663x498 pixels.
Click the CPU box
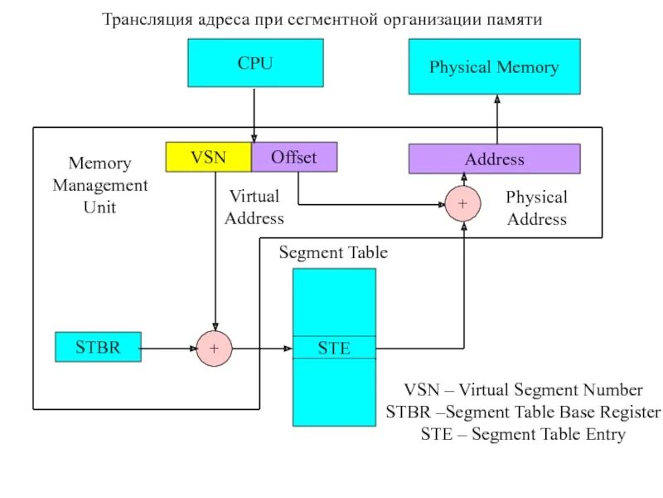point(254,64)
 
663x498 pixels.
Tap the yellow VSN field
point(208,157)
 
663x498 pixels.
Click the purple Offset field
point(294,157)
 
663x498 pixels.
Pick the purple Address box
point(494,159)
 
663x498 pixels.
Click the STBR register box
point(98,347)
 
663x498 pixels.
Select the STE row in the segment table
point(334,348)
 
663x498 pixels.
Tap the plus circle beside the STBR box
point(214,349)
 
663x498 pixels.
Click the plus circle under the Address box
point(462,203)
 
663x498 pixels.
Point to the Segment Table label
point(332,252)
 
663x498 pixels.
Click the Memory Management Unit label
point(99,185)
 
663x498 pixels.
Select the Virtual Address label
point(254,207)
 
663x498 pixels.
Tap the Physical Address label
point(536,208)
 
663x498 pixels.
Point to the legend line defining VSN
point(522,390)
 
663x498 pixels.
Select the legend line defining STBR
point(523,413)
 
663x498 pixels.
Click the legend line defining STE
point(522,434)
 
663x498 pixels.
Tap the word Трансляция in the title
point(142,18)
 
